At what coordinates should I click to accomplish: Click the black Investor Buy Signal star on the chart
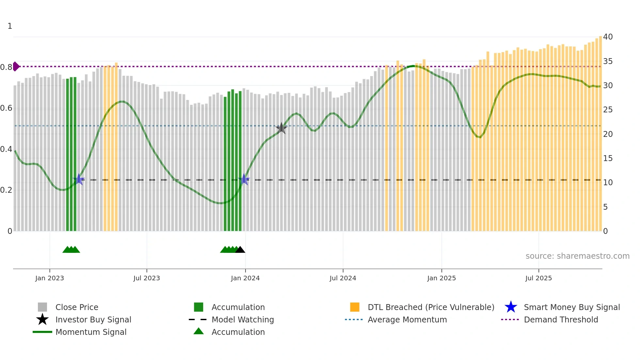281,128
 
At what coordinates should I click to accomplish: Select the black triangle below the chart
240,250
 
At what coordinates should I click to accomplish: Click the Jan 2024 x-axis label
245,278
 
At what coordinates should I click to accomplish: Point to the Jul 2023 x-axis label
147,278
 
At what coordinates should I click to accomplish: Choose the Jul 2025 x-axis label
538,278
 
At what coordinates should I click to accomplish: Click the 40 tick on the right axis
608,37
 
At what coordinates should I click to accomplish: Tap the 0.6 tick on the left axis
6,108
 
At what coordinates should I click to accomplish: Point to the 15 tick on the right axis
608,158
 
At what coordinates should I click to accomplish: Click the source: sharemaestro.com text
577,256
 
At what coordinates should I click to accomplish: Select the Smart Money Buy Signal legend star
511,307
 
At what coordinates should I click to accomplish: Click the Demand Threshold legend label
561,319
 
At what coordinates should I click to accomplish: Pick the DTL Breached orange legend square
355,307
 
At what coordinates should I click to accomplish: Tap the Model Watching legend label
243,319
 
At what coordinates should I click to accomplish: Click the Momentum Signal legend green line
42,332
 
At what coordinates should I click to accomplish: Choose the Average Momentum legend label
407,319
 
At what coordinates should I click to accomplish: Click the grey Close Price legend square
42,307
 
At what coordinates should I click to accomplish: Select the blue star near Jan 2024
244,179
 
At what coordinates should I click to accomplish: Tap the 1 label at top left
10,26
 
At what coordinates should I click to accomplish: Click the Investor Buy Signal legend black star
42,319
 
